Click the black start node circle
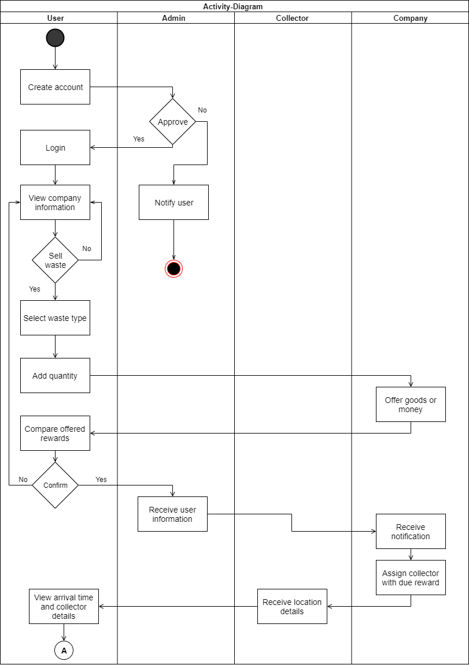tap(55, 38)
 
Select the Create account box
tap(55, 87)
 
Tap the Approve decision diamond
tap(173, 122)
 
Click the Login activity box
tap(55, 148)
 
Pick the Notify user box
tap(173, 203)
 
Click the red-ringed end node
tap(173, 269)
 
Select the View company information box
tap(55, 203)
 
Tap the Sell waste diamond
tap(55, 260)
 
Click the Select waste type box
tap(55, 318)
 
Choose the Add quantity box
tap(55, 376)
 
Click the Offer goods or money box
tap(411, 405)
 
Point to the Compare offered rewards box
tap(55, 434)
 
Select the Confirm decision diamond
tap(55, 485)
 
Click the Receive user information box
tap(172, 514)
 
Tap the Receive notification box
tap(411, 532)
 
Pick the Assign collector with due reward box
tap(411, 578)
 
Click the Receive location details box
tap(292, 607)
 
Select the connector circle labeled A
tap(64, 651)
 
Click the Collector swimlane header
tap(292, 18)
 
